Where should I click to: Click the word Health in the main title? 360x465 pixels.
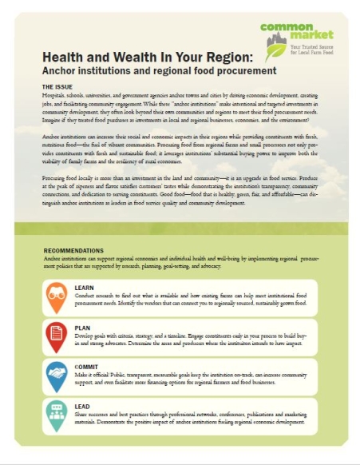coord(63,58)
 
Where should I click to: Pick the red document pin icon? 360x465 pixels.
coord(57,335)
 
